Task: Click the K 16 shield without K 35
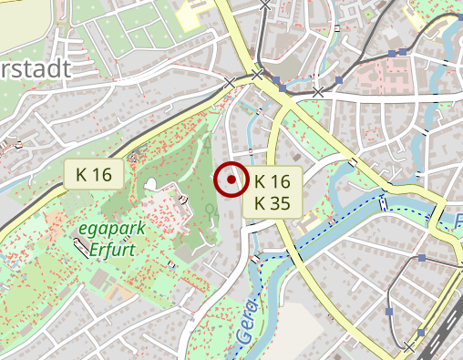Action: pos(94,173)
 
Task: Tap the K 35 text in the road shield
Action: pos(273,202)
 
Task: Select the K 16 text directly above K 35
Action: pos(273,181)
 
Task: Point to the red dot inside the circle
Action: pos(231,180)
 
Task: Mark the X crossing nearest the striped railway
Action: pos(409,347)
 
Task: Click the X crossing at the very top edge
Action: pos(264,5)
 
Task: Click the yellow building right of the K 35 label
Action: pos(312,221)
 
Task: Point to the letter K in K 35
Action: pos(260,202)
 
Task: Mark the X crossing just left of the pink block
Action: pos(318,92)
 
